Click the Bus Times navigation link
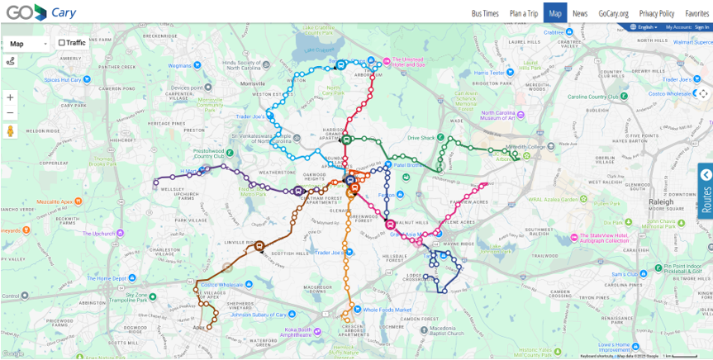point(485,13)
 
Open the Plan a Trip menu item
point(523,13)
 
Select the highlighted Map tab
point(555,13)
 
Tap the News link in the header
point(580,13)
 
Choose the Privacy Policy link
point(657,13)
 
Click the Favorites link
point(696,13)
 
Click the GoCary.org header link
point(614,13)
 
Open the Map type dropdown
point(27,43)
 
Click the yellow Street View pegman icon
point(11,131)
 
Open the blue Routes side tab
point(706,189)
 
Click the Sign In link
point(702,27)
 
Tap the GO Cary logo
point(37,12)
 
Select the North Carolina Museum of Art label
point(510,115)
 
